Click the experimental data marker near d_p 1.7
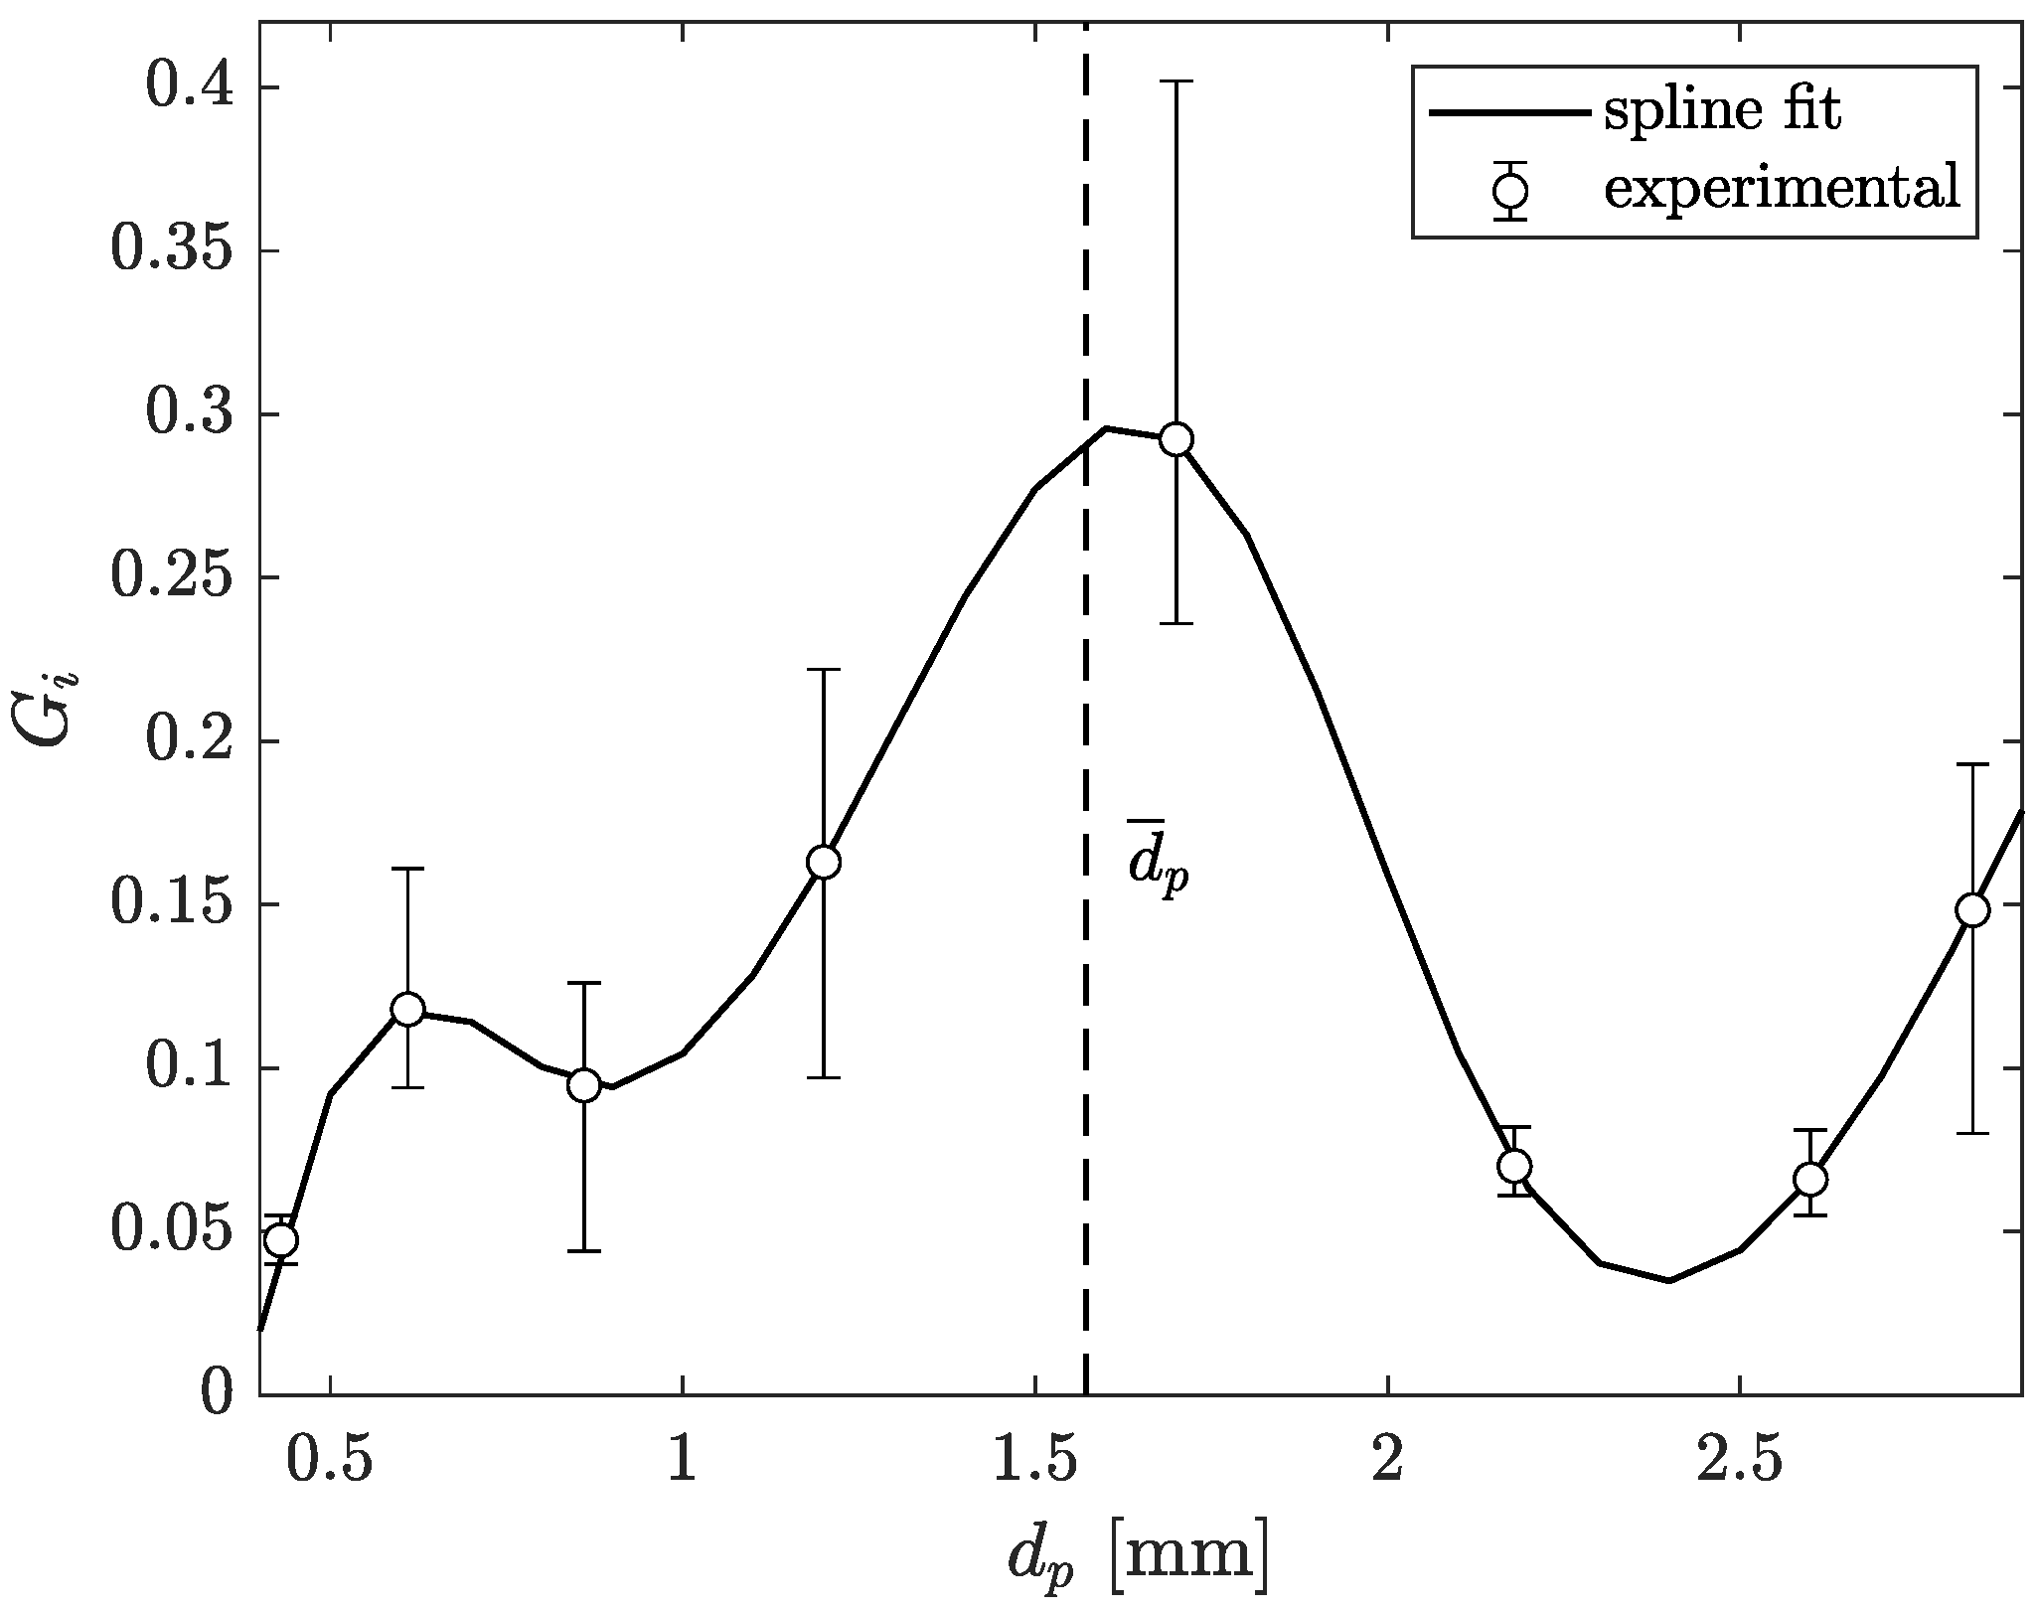tap(1176, 439)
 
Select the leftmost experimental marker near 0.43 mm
tap(282, 1240)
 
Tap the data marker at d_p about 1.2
tap(824, 862)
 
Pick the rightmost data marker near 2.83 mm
tap(1972, 910)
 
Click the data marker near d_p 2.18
tap(1514, 1165)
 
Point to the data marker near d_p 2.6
tap(1811, 1180)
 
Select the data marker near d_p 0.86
tap(584, 1086)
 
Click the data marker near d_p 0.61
tap(407, 1010)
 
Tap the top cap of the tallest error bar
tap(1176, 81)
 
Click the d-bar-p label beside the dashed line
tap(1157, 857)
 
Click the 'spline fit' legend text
tap(1722, 111)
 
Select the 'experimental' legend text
tap(1782, 188)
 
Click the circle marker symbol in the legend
tap(1512, 190)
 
